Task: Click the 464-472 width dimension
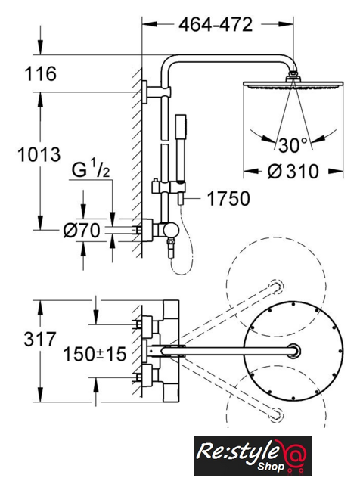[x=216, y=25]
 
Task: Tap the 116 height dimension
[x=40, y=74]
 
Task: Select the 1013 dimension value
[x=39, y=154]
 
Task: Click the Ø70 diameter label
[x=82, y=230]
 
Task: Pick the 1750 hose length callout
[x=228, y=198]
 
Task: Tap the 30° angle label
[x=293, y=145]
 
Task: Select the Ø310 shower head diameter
[x=293, y=172]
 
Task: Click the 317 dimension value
[x=40, y=339]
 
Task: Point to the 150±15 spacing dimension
[x=95, y=354]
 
